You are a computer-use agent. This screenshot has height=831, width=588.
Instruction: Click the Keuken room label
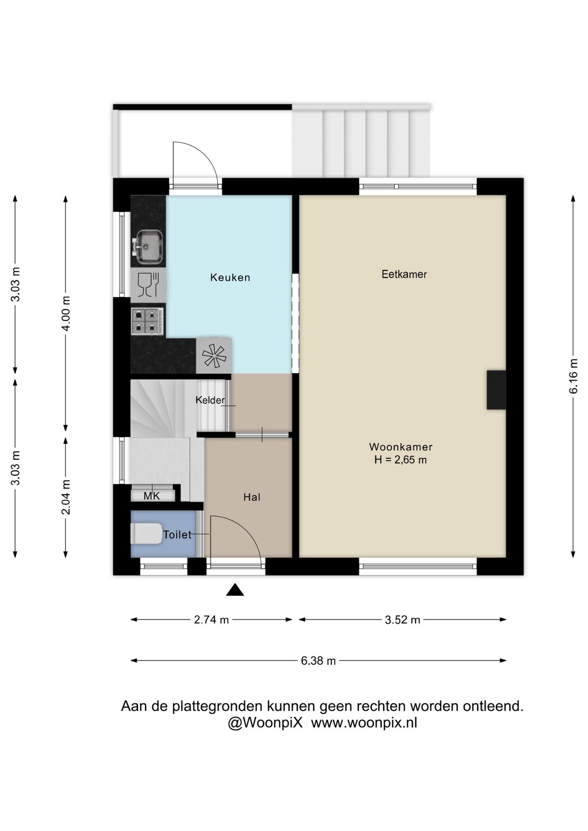tap(230, 277)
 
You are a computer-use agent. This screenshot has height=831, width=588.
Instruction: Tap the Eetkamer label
tap(404, 274)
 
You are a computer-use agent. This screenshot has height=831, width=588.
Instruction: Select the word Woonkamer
tap(401, 447)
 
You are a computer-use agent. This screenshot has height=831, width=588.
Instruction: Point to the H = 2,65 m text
tap(401, 460)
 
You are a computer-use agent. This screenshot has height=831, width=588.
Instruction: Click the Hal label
tap(252, 497)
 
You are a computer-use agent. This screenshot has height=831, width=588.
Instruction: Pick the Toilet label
tap(177, 535)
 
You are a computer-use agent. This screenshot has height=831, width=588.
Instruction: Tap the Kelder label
tap(210, 400)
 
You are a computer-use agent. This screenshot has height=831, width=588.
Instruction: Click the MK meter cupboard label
tap(152, 496)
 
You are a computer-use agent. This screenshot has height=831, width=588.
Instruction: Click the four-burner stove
tap(147, 321)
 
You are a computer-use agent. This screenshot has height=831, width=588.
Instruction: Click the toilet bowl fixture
tap(145, 533)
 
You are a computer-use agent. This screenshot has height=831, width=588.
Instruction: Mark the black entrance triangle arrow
tap(235, 590)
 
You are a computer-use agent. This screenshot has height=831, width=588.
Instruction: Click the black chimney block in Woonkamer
tap(496, 390)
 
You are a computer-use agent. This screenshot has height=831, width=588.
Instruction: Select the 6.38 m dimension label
tap(318, 661)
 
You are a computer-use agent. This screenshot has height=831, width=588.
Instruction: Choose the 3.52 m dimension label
tap(403, 620)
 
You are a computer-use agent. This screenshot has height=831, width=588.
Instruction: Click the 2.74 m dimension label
tap(211, 620)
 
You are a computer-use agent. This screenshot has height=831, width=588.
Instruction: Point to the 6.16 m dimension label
tap(573, 376)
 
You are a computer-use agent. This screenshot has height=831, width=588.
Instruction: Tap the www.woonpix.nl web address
tap(364, 723)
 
